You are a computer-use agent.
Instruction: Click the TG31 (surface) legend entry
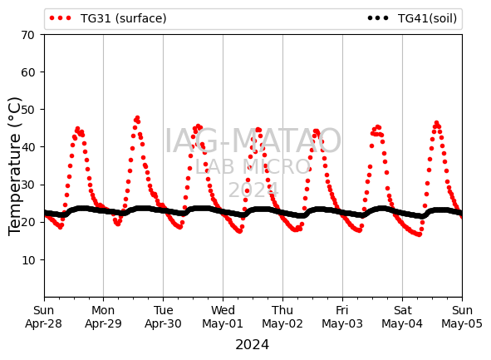tap(108, 18)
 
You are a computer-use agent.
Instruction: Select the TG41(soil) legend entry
tap(412, 18)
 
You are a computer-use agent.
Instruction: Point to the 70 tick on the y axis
tap(27, 35)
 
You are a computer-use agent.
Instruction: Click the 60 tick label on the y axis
tap(27, 72)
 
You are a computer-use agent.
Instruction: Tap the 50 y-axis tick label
tap(27, 110)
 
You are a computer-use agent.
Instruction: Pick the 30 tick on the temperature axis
tap(27, 185)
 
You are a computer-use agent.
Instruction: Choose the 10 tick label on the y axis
tap(27, 259)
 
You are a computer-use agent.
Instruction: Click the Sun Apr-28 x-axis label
tap(43, 317)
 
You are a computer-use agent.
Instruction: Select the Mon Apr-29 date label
tap(103, 317)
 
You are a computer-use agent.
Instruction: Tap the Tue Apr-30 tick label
tap(163, 317)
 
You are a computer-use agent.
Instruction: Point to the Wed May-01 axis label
tap(223, 317)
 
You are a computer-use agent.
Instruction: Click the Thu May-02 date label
tap(282, 317)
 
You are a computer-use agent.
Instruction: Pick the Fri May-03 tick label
tap(342, 317)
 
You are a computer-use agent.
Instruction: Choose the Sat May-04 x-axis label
tap(402, 317)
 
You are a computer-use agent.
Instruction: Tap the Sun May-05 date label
tap(462, 317)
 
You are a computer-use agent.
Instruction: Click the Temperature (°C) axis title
tap(14, 166)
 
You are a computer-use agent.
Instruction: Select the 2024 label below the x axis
tap(253, 345)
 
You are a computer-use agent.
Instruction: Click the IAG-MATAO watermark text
tap(253, 141)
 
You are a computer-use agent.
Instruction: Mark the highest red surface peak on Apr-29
tap(137, 118)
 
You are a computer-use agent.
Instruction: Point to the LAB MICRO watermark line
tap(253, 166)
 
